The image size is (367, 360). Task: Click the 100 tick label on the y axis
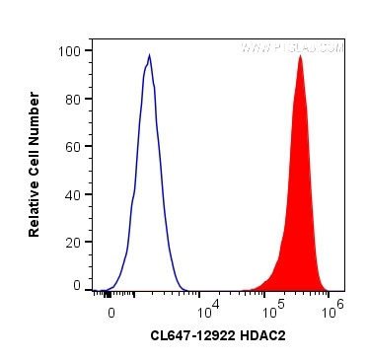(71, 50)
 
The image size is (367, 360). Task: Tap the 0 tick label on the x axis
(111, 310)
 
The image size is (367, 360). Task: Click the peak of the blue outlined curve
(149, 55)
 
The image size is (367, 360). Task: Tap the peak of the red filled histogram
(300, 56)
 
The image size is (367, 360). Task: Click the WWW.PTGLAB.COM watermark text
(293, 46)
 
